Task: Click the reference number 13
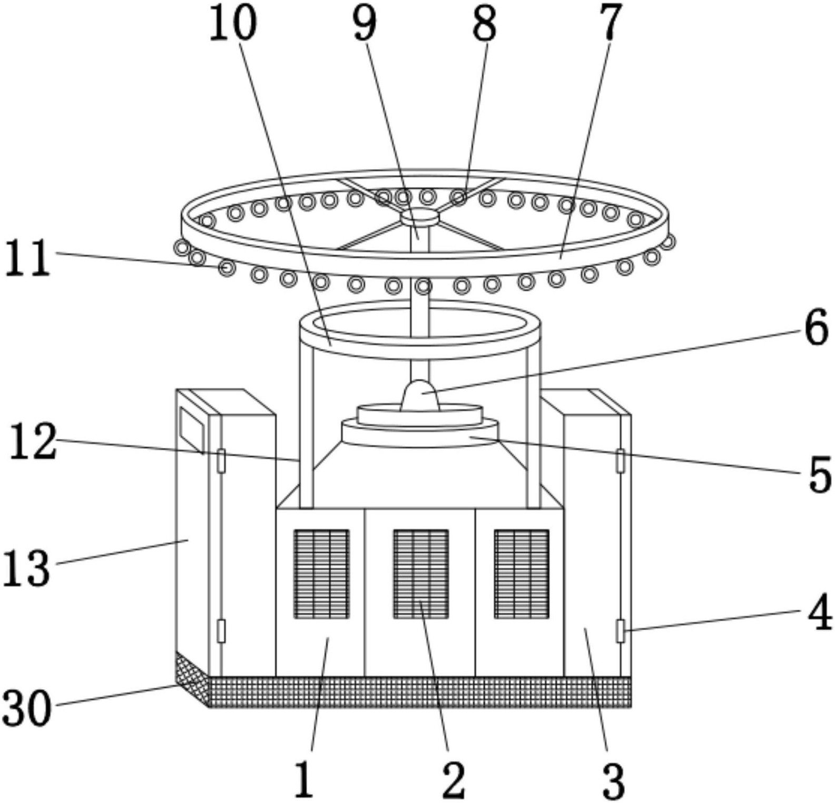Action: pos(26,567)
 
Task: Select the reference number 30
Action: pos(27,708)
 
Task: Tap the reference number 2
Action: pos(454,779)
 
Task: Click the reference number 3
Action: pos(613,780)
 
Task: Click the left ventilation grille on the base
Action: pos(321,574)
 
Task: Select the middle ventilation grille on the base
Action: pos(421,574)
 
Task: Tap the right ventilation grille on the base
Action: pos(522,574)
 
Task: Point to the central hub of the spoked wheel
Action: pos(420,216)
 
